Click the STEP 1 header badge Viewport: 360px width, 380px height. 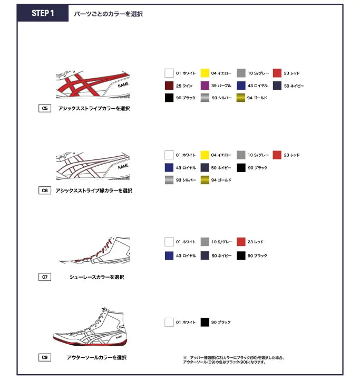(43, 13)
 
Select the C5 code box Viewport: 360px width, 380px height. (45, 109)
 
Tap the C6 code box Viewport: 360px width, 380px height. (45, 191)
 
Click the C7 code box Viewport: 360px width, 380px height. (45, 277)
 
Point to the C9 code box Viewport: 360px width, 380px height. (45, 357)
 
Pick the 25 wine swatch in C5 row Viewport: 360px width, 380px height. (169, 85)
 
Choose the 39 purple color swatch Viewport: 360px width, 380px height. (205, 85)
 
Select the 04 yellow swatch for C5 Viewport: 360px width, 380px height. (205, 73)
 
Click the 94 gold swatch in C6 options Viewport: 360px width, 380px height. (205, 180)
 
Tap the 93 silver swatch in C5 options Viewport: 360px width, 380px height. (205, 98)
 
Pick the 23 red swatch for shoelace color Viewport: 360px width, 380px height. (241, 242)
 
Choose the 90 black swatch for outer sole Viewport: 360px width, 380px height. (205, 322)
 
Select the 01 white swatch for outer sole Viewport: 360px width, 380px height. (169, 322)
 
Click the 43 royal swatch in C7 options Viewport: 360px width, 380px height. (169, 255)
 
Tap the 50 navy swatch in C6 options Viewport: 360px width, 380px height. (205, 167)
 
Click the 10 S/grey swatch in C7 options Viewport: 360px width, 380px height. (205, 242)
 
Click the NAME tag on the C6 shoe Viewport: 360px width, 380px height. (123, 167)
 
